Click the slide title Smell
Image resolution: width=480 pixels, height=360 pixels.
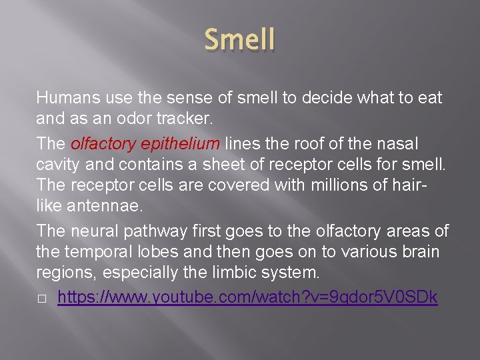pyautogui.click(x=239, y=40)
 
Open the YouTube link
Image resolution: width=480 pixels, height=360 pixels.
pyautogui.click(x=247, y=297)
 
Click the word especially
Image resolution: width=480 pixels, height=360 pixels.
pyautogui.click(x=139, y=273)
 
